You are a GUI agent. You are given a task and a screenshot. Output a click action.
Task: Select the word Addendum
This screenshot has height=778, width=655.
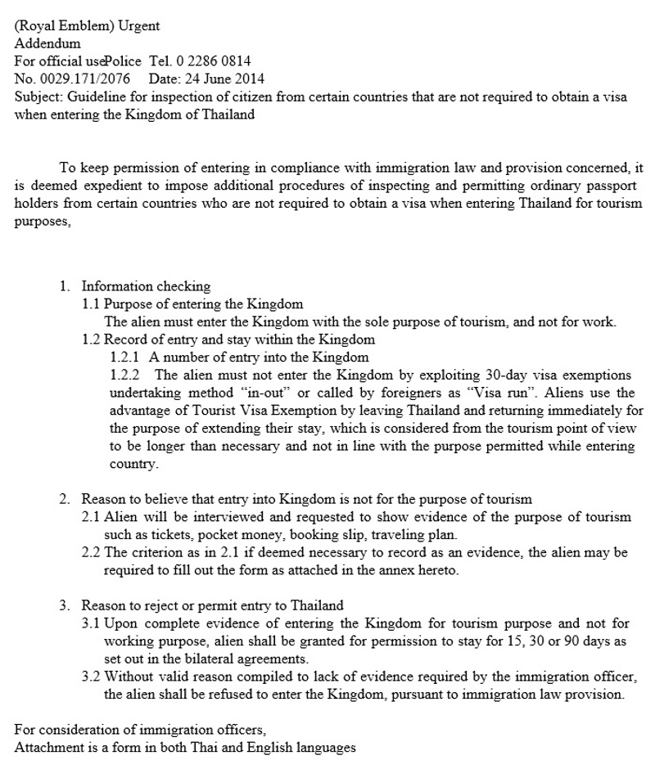[x=47, y=43]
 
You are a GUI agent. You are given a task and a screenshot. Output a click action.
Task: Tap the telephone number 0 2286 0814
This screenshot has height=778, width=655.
[x=213, y=61]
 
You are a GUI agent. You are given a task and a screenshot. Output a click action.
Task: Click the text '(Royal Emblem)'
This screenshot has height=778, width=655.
[x=53, y=25]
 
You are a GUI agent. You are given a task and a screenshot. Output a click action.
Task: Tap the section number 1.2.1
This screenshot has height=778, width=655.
[x=125, y=358]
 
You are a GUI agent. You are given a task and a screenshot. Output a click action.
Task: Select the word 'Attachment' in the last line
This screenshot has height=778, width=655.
[x=47, y=748]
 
